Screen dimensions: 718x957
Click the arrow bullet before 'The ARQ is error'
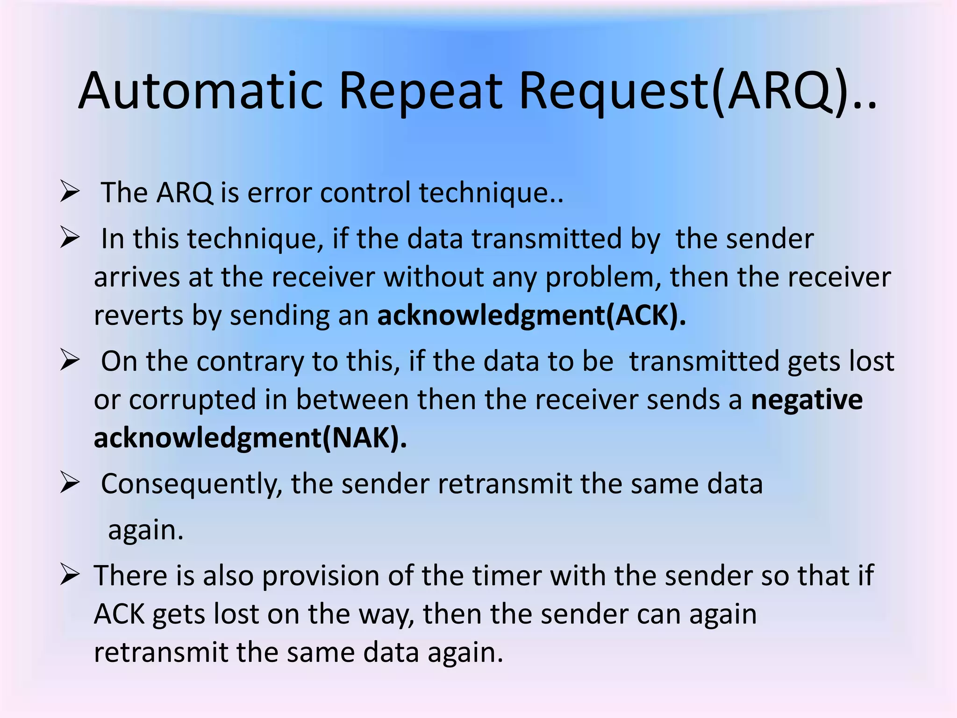pyautogui.click(x=70, y=193)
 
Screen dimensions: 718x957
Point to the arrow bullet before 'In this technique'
pyautogui.click(x=70, y=238)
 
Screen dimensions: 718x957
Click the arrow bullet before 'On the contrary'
pyautogui.click(x=70, y=361)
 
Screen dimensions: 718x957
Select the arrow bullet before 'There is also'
pyautogui.click(x=70, y=575)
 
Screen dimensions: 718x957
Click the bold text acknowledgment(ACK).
pyautogui.click(x=532, y=316)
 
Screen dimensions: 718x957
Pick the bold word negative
pyautogui.click(x=807, y=400)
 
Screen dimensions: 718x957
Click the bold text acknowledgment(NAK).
pyautogui.click(x=250, y=438)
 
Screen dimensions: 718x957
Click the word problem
pyautogui.click(x=603, y=278)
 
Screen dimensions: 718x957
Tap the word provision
pyautogui.click(x=321, y=575)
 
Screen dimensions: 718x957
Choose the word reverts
pyautogui.click(x=139, y=316)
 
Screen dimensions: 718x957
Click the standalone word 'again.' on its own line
pyautogui.click(x=146, y=531)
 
